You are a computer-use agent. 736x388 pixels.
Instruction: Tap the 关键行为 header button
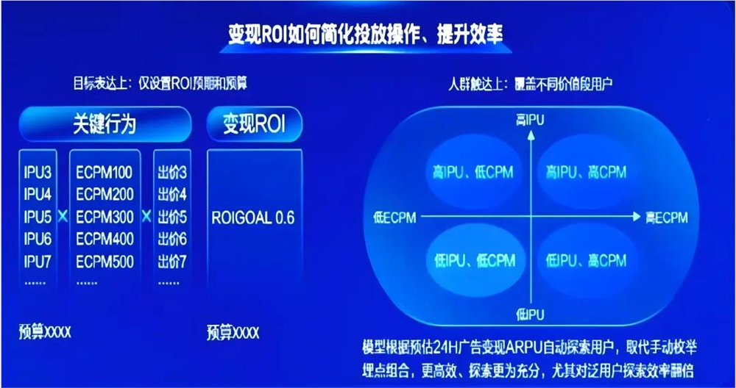pos(105,124)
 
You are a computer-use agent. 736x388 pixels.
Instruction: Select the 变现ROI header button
pos(254,124)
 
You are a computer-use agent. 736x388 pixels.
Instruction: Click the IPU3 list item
pos(38,173)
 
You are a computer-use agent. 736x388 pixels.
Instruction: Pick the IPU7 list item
pos(38,261)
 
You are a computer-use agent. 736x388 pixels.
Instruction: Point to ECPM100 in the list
pos(105,173)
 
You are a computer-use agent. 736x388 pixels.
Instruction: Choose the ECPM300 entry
pos(105,218)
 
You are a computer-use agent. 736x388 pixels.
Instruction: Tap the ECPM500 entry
pos(105,261)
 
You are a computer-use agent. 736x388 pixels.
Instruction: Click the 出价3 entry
pos(172,173)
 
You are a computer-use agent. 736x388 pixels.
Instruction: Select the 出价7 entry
pos(172,261)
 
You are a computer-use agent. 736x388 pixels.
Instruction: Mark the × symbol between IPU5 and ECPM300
pos(62,218)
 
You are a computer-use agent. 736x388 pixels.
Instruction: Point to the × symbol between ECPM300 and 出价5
pos(146,218)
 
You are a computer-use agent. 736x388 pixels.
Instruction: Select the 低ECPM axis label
pos(394,218)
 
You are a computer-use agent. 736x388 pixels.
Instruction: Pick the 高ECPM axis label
pos(666,218)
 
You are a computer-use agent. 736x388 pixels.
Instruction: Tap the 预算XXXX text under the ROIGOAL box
pos(233,333)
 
